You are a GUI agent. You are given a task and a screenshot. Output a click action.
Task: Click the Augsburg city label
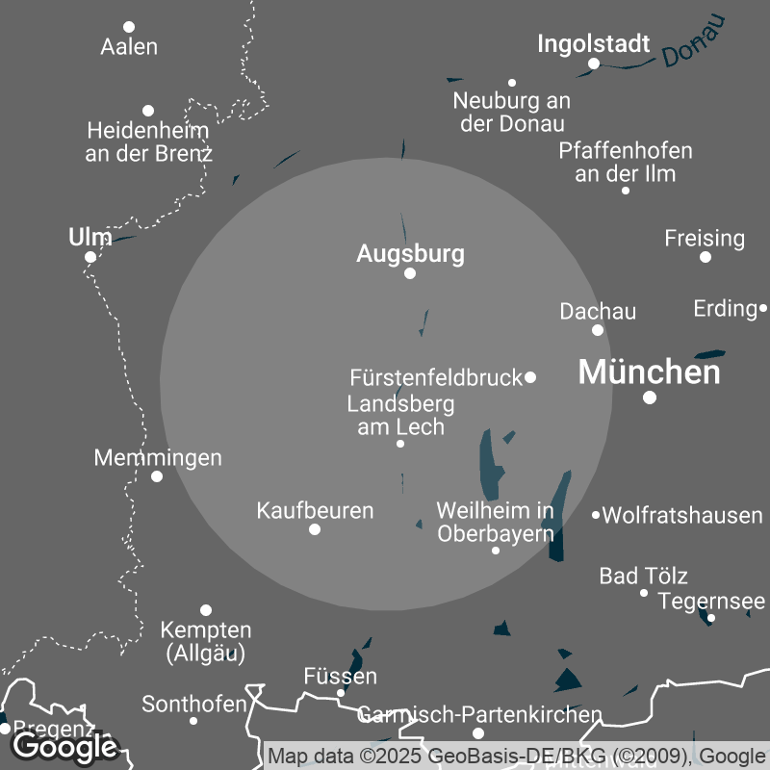coord(410,254)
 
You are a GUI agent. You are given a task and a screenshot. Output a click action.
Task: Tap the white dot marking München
coord(650,397)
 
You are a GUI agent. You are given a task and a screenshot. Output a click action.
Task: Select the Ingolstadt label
coord(593,44)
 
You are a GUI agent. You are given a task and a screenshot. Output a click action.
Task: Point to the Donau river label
coord(692,45)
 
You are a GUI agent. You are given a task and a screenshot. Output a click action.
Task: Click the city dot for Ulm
coord(90,257)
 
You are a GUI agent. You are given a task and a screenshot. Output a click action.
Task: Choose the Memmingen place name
coord(158,457)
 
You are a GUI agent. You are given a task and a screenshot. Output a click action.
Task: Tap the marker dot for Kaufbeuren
coord(315,529)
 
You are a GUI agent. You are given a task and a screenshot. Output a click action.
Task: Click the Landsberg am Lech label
coord(400,415)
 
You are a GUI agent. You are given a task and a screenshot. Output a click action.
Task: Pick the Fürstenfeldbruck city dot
coord(530,377)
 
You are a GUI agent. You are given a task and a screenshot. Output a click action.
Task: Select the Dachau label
coord(598,311)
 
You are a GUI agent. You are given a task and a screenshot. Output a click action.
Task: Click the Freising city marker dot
coord(706,257)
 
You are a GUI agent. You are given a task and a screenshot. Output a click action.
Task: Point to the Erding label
coord(725,309)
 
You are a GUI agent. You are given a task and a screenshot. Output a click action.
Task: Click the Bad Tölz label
coord(643,577)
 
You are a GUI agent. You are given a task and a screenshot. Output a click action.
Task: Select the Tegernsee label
coord(711,602)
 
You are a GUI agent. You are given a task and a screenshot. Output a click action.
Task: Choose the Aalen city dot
coord(129,27)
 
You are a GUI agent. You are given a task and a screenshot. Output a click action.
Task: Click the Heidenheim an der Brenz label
coord(148,141)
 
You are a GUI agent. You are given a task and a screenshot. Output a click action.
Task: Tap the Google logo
coord(64,746)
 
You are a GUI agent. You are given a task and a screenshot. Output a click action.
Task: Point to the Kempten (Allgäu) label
coord(206,642)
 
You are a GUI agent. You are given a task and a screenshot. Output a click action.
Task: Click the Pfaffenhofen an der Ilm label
coord(626,163)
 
